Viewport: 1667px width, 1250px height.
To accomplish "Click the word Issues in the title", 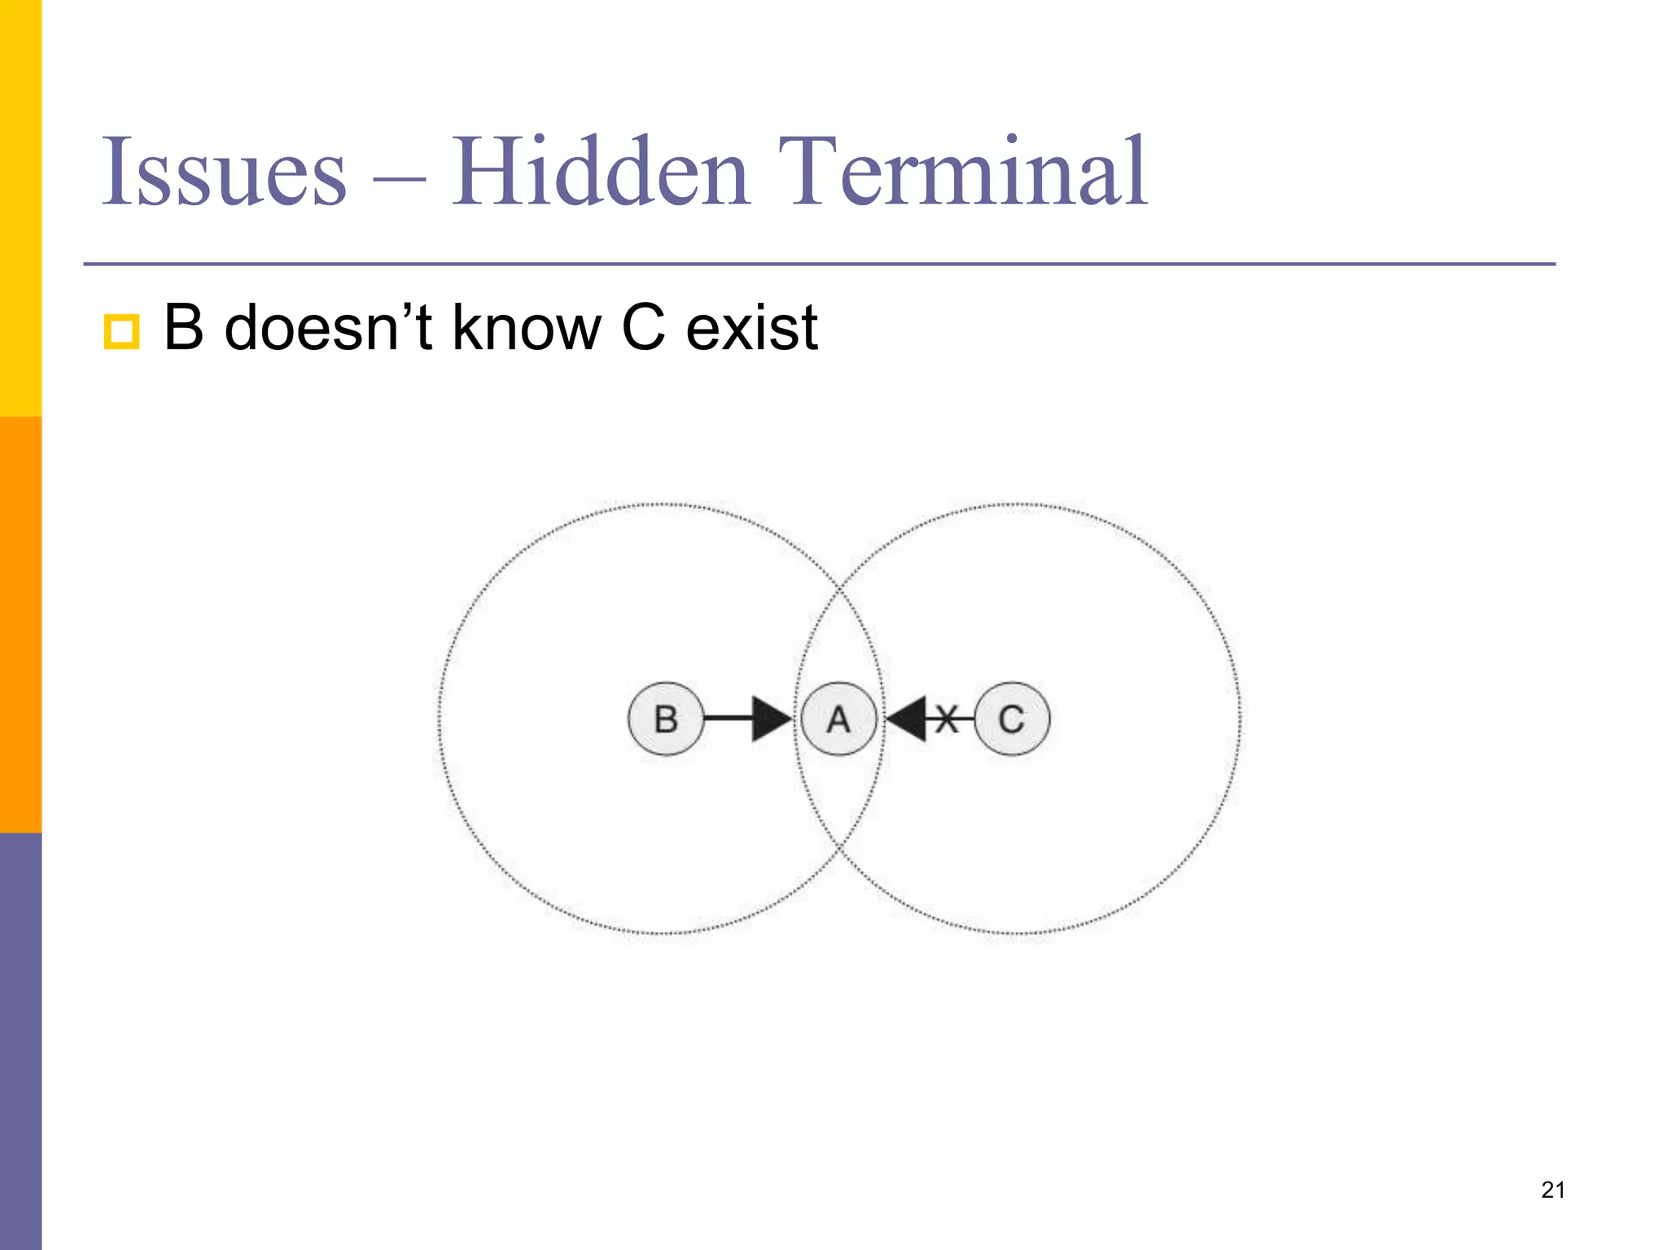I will click(224, 173).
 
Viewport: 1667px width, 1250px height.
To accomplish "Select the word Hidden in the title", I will click(600, 173).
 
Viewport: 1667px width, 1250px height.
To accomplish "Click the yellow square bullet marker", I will click(121, 331).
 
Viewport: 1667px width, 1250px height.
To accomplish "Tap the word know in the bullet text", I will click(527, 327).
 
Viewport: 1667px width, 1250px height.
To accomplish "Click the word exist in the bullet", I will click(751, 327).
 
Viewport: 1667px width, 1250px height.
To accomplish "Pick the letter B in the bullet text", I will click(183, 327).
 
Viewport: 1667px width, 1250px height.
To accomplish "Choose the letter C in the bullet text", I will click(643, 327).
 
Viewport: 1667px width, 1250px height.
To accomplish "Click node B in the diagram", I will click(666, 719).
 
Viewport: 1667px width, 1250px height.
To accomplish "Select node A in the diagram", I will click(838, 719).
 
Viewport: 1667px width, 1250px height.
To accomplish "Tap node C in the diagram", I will click(1012, 719).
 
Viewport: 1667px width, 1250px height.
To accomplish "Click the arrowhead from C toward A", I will click(907, 719).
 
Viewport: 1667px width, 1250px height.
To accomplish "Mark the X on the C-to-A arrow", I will click(946, 719).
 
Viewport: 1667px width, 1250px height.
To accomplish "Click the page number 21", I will click(1553, 1190).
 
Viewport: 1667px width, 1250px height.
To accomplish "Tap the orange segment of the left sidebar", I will click(20, 624).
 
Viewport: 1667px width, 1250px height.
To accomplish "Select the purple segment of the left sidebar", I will click(20, 1042).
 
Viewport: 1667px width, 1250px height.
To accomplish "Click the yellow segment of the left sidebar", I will click(20, 208).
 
